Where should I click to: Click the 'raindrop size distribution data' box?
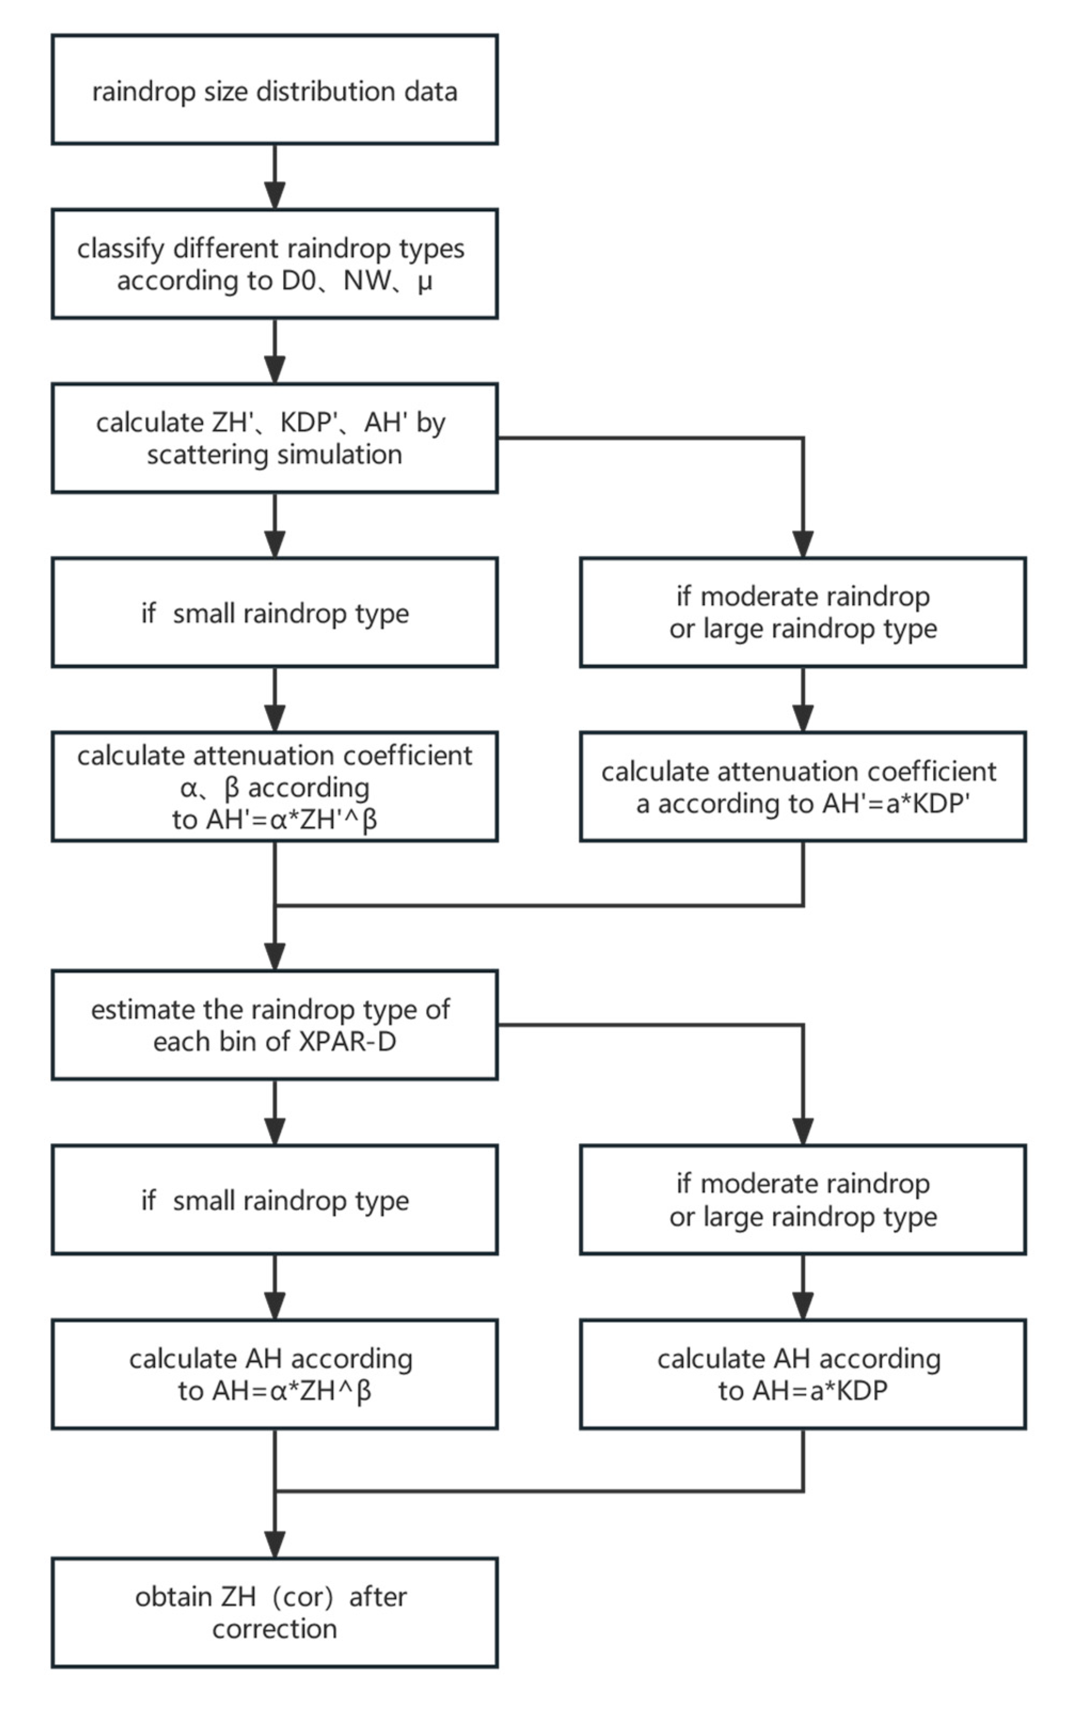tap(274, 90)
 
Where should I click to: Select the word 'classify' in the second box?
tap(121, 249)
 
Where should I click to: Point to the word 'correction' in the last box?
tap(274, 1629)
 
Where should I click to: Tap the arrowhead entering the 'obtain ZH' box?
tap(274, 1544)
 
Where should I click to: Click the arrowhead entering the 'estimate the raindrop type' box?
tap(274, 956)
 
